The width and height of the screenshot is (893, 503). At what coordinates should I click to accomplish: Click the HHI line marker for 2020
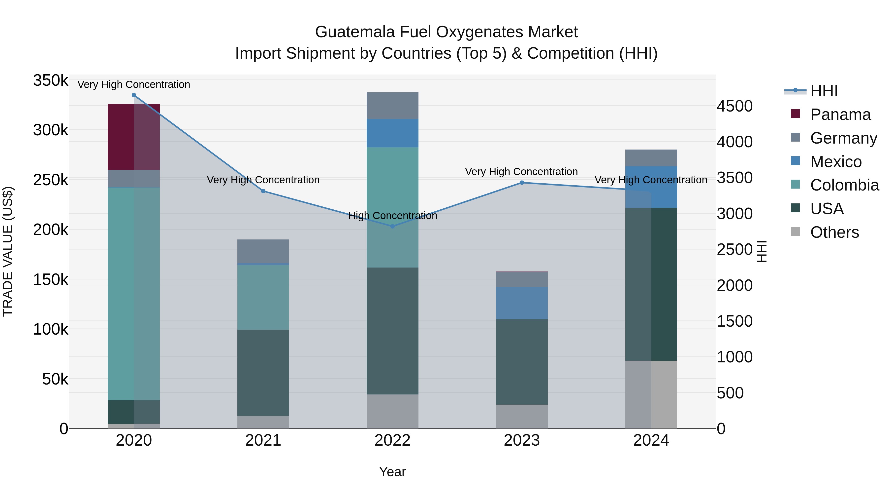tap(134, 95)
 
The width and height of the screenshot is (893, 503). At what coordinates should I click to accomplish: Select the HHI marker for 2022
tap(392, 226)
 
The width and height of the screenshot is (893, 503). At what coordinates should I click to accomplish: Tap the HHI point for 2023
tap(522, 183)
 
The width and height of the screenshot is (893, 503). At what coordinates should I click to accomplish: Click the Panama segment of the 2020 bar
tap(134, 137)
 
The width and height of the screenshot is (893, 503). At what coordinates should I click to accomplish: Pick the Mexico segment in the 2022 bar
tap(392, 133)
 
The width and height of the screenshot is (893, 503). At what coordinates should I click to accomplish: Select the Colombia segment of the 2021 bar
tap(263, 298)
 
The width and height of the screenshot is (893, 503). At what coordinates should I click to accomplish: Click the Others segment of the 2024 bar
tap(651, 394)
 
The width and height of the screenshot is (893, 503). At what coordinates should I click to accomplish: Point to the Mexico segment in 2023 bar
tap(522, 303)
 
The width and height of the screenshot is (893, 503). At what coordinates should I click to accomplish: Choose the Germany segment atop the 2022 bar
tap(392, 106)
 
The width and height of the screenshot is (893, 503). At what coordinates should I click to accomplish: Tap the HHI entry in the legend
tap(824, 91)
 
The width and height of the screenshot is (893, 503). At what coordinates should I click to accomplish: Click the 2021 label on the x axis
tap(263, 440)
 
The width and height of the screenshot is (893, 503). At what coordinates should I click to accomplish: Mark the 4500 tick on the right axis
tap(734, 106)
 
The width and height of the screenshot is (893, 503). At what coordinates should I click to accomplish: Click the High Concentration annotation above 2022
tap(392, 216)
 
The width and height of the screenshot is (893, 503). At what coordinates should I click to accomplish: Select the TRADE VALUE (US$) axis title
tap(8, 251)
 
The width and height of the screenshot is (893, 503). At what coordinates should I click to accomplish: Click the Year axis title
tap(392, 472)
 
